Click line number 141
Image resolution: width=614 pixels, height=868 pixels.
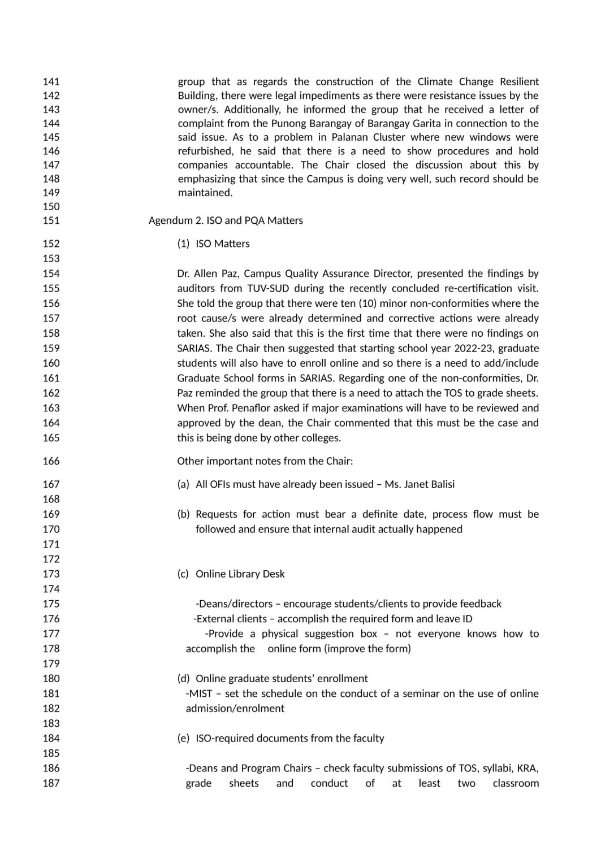(51, 82)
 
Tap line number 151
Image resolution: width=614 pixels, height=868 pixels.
(51, 220)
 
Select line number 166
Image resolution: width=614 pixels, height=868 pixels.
(51, 461)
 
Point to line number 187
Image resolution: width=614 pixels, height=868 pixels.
(51, 783)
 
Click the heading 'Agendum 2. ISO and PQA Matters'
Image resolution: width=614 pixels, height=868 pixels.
(226, 220)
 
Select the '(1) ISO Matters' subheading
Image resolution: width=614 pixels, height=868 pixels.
(213, 244)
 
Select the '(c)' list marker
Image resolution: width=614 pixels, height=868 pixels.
(183, 574)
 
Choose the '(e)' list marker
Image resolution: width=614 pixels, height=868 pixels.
(183, 739)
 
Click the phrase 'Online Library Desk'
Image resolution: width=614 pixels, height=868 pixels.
(240, 574)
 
